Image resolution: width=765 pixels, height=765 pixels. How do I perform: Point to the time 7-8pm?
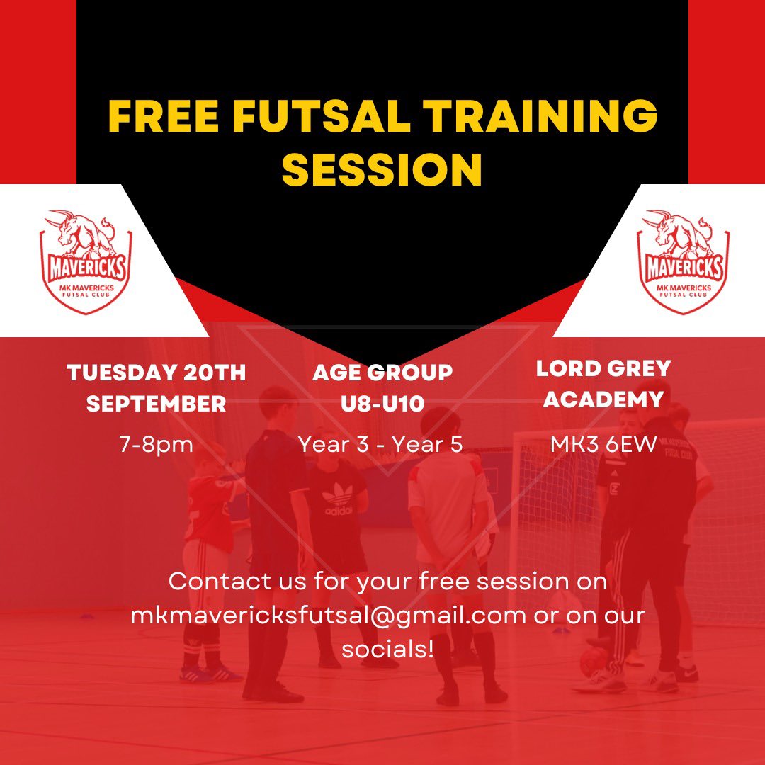[x=156, y=445]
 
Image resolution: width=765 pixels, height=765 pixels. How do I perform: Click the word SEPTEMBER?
[x=156, y=404]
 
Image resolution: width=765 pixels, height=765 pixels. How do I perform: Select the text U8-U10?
[x=382, y=404]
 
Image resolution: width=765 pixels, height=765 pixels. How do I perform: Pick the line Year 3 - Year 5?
[x=380, y=444]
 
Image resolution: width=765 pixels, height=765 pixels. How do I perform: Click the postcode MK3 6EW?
[x=603, y=444]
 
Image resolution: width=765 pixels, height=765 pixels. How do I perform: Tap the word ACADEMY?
[x=603, y=399]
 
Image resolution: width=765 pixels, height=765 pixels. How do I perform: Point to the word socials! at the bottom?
[x=387, y=648]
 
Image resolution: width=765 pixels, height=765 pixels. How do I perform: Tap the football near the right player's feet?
[x=591, y=662]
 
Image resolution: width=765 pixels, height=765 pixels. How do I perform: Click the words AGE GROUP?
[x=382, y=373]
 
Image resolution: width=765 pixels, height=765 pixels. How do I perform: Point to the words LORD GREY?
[x=603, y=368]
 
